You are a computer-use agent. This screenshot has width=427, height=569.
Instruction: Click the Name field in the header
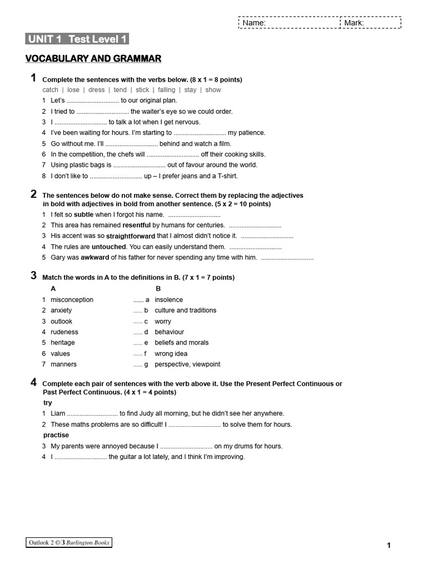click(x=289, y=23)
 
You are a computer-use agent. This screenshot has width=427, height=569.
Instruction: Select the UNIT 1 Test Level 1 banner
click(x=77, y=39)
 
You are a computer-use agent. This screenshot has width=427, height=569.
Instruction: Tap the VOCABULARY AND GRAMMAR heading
click(x=93, y=58)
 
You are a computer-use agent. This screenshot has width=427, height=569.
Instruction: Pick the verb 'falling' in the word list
click(x=166, y=90)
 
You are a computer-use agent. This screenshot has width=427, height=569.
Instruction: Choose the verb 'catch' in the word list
click(x=50, y=90)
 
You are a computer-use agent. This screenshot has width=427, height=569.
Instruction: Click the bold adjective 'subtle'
click(x=83, y=214)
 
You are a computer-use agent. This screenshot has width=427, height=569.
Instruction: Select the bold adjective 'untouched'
click(x=109, y=247)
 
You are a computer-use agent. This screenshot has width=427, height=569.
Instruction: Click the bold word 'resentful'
click(x=136, y=225)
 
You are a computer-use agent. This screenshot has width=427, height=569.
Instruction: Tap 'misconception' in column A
click(x=72, y=300)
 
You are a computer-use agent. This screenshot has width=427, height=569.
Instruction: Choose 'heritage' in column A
click(x=62, y=343)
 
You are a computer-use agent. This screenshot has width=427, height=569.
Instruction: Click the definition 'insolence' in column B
click(x=168, y=300)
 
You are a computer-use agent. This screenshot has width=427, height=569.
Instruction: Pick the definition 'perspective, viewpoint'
click(x=187, y=365)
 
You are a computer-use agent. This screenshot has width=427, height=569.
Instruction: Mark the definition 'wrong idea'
click(x=171, y=353)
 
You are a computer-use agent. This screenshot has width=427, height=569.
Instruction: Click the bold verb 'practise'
click(x=56, y=435)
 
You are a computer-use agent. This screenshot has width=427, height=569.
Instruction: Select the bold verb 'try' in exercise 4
click(x=48, y=403)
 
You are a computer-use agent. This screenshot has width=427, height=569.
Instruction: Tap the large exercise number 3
click(x=34, y=276)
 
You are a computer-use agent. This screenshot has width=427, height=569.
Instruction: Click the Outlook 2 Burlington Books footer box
click(x=69, y=542)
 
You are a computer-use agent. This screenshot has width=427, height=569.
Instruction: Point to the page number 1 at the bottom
click(x=389, y=546)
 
